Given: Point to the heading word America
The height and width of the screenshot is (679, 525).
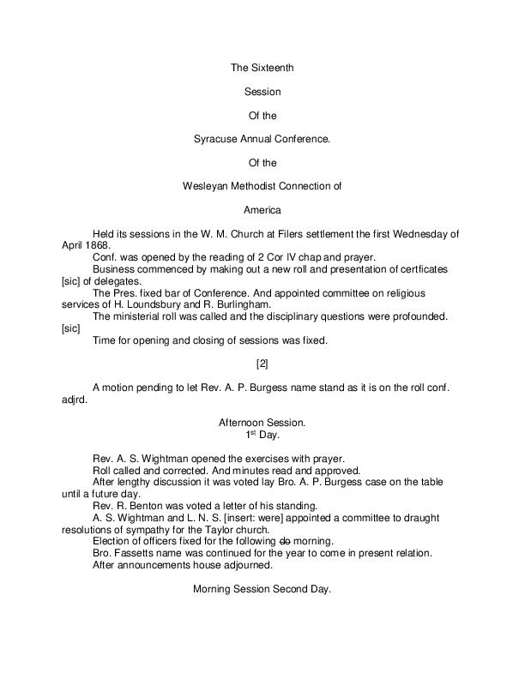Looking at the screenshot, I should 262,208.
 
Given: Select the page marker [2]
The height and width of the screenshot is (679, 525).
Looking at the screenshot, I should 262,364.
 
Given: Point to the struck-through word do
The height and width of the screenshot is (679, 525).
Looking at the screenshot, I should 285,542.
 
